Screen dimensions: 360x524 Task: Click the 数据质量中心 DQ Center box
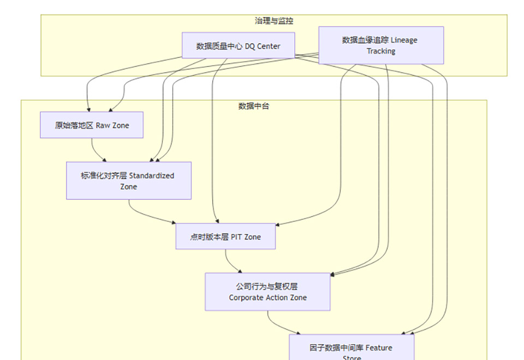(x=239, y=45)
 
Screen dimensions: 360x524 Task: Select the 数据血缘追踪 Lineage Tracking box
(x=380, y=45)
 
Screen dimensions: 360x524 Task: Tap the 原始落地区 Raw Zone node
(x=92, y=125)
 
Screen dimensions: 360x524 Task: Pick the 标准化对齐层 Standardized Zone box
(x=129, y=181)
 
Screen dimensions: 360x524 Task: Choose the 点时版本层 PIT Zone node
(x=225, y=237)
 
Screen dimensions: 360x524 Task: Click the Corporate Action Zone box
(x=267, y=292)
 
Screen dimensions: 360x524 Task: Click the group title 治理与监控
(x=274, y=21)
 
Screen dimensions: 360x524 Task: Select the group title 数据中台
(x=254, y=106)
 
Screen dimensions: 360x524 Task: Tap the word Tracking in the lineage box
(x=381, y=51)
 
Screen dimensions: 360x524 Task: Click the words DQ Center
(x=263, y=46)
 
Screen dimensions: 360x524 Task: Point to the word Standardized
(x=152, y=176)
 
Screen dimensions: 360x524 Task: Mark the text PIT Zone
(x=246, y=237)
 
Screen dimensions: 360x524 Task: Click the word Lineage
(x=404, y=40)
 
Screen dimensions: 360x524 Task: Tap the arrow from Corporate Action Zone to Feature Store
(x=276, y=325)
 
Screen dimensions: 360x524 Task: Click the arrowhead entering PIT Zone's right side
(x=278, y=225)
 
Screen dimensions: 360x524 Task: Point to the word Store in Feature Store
(x=352, y=358)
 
